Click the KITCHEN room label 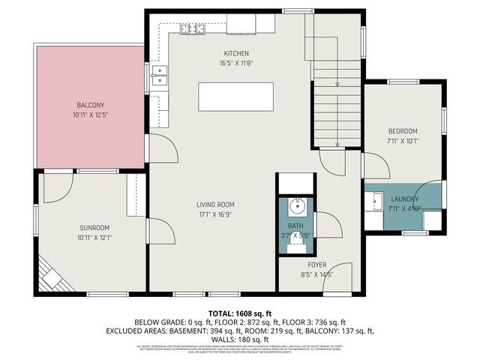[236, 53]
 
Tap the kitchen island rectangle [235, 97]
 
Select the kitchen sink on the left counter [159, 73]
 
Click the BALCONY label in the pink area [91, 105]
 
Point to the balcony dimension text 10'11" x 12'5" [91, 115]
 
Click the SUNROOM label [95, 227]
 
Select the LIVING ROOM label [215, 204]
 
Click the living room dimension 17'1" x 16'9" [215, 214]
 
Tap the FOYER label [316, 265]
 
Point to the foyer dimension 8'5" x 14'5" [316, 275]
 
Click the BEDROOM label [403, 128]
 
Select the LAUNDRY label [405, 199]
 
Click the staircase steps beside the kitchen [336, 105]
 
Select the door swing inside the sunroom [57, 187]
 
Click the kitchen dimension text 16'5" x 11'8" [236, 64]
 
